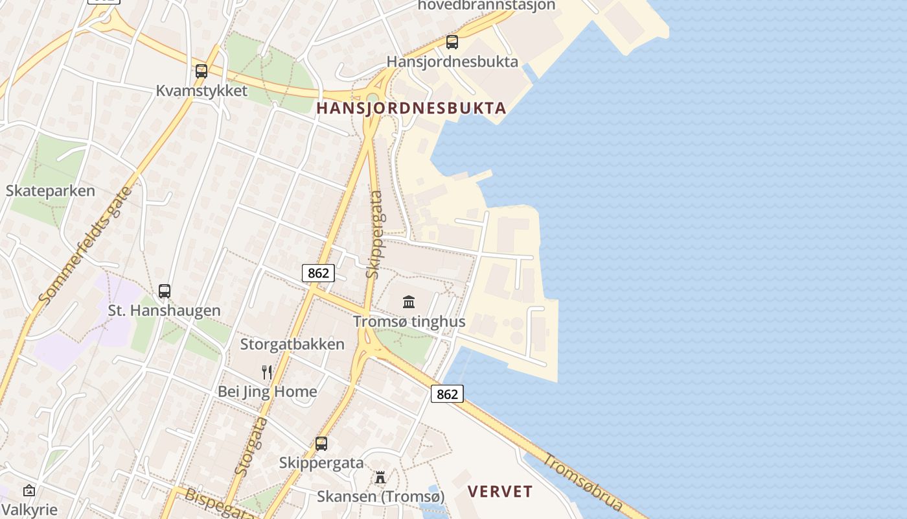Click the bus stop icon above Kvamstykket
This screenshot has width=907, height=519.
point(201,71)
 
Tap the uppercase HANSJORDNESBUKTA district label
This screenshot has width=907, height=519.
point(411,108)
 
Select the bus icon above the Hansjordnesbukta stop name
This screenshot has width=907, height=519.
point(452,42)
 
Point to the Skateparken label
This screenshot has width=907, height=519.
point(51,191)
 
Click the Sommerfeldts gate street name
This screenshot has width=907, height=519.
point(85,246)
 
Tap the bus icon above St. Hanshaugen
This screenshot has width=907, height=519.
point(165,291)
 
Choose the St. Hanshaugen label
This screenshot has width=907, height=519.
point(164,311)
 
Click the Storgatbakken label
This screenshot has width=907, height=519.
point(292,344)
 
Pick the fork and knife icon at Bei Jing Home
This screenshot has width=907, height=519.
point(266,372)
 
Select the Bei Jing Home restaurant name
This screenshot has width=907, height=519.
point(267,391)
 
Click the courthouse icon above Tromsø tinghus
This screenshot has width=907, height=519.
point(409,302)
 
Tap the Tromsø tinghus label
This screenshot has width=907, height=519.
point(409,321)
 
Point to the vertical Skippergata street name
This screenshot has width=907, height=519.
point(374,234)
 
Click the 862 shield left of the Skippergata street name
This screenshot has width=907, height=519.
point(318,273)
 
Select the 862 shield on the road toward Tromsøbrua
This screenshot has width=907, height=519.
point(447,394)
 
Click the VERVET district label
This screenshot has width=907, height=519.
point(500,491)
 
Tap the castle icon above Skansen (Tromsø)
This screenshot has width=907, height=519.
point(380,477)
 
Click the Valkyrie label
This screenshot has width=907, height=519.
point(30,510)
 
